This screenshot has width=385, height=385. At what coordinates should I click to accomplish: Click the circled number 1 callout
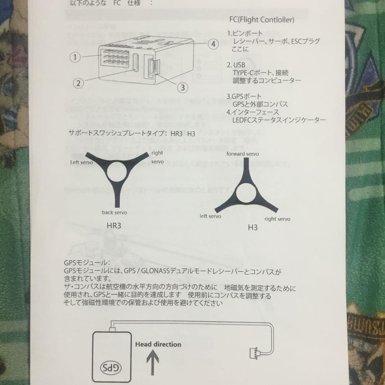click(75, 57)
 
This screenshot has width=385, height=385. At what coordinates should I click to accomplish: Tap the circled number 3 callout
click(182, 87)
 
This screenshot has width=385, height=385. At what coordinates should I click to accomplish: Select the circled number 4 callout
click(213, 44)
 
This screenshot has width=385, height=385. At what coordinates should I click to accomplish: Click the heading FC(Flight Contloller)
click(262, 20)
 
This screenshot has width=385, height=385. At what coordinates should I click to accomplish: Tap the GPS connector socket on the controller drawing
click(152, 67)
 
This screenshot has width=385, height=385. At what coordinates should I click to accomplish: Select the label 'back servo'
click(114, 212)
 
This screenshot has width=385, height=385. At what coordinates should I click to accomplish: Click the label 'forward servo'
click(243, 154)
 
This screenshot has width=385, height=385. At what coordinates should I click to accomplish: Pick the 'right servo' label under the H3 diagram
click(277, 219)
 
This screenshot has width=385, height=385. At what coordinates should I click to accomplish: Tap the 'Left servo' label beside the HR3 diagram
click(82, 162)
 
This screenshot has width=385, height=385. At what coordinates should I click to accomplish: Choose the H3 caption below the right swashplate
click(252, 227)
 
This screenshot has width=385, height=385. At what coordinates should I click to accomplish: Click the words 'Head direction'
click(158, 344)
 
